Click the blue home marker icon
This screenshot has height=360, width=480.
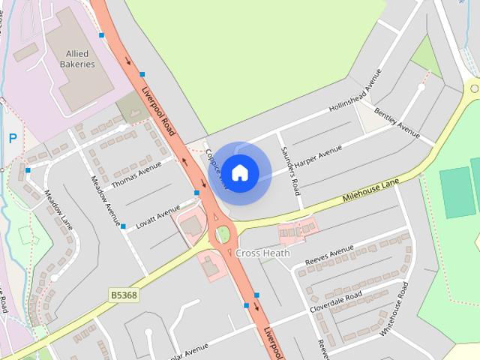[x=239, y=173]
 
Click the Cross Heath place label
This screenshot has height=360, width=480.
[x=262, y=253]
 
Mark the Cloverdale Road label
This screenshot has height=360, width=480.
[x=336, y=301]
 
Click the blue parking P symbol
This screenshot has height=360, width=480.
[x=12, y=138]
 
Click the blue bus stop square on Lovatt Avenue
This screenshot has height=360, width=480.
[x=123, y=226]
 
